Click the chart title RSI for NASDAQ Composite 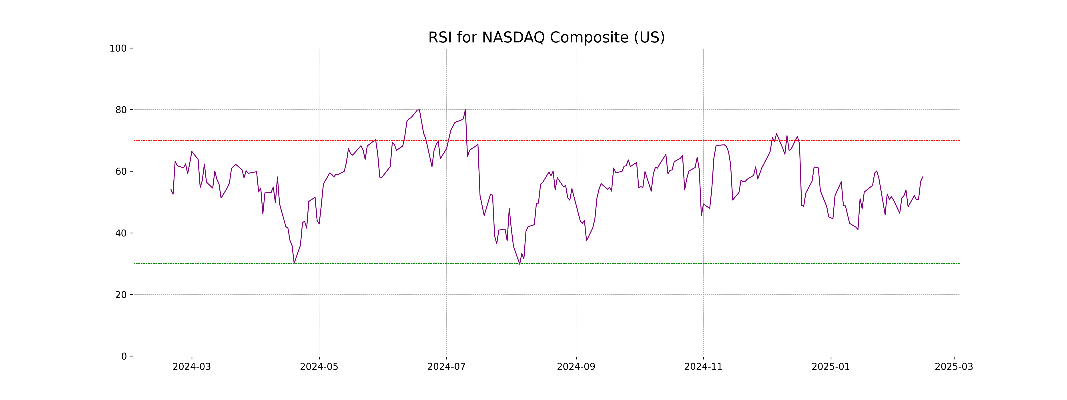(x=546, y=38)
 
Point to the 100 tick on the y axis (x=118, y=48)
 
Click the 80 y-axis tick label (x=121, y=110)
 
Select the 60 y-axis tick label (x=121, y=171)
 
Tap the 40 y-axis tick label (x=121, y=233)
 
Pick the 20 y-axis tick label (x=121, y=295)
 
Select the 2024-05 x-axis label (x=319, y=367)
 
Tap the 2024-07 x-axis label (x=447, y=367)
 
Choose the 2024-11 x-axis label (x=703, y=367)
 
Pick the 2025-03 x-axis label (x=954, y=367)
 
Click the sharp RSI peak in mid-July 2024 (x=465, y=110)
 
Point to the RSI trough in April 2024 (x=294, y=263)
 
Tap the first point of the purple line (x=171, y=189)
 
